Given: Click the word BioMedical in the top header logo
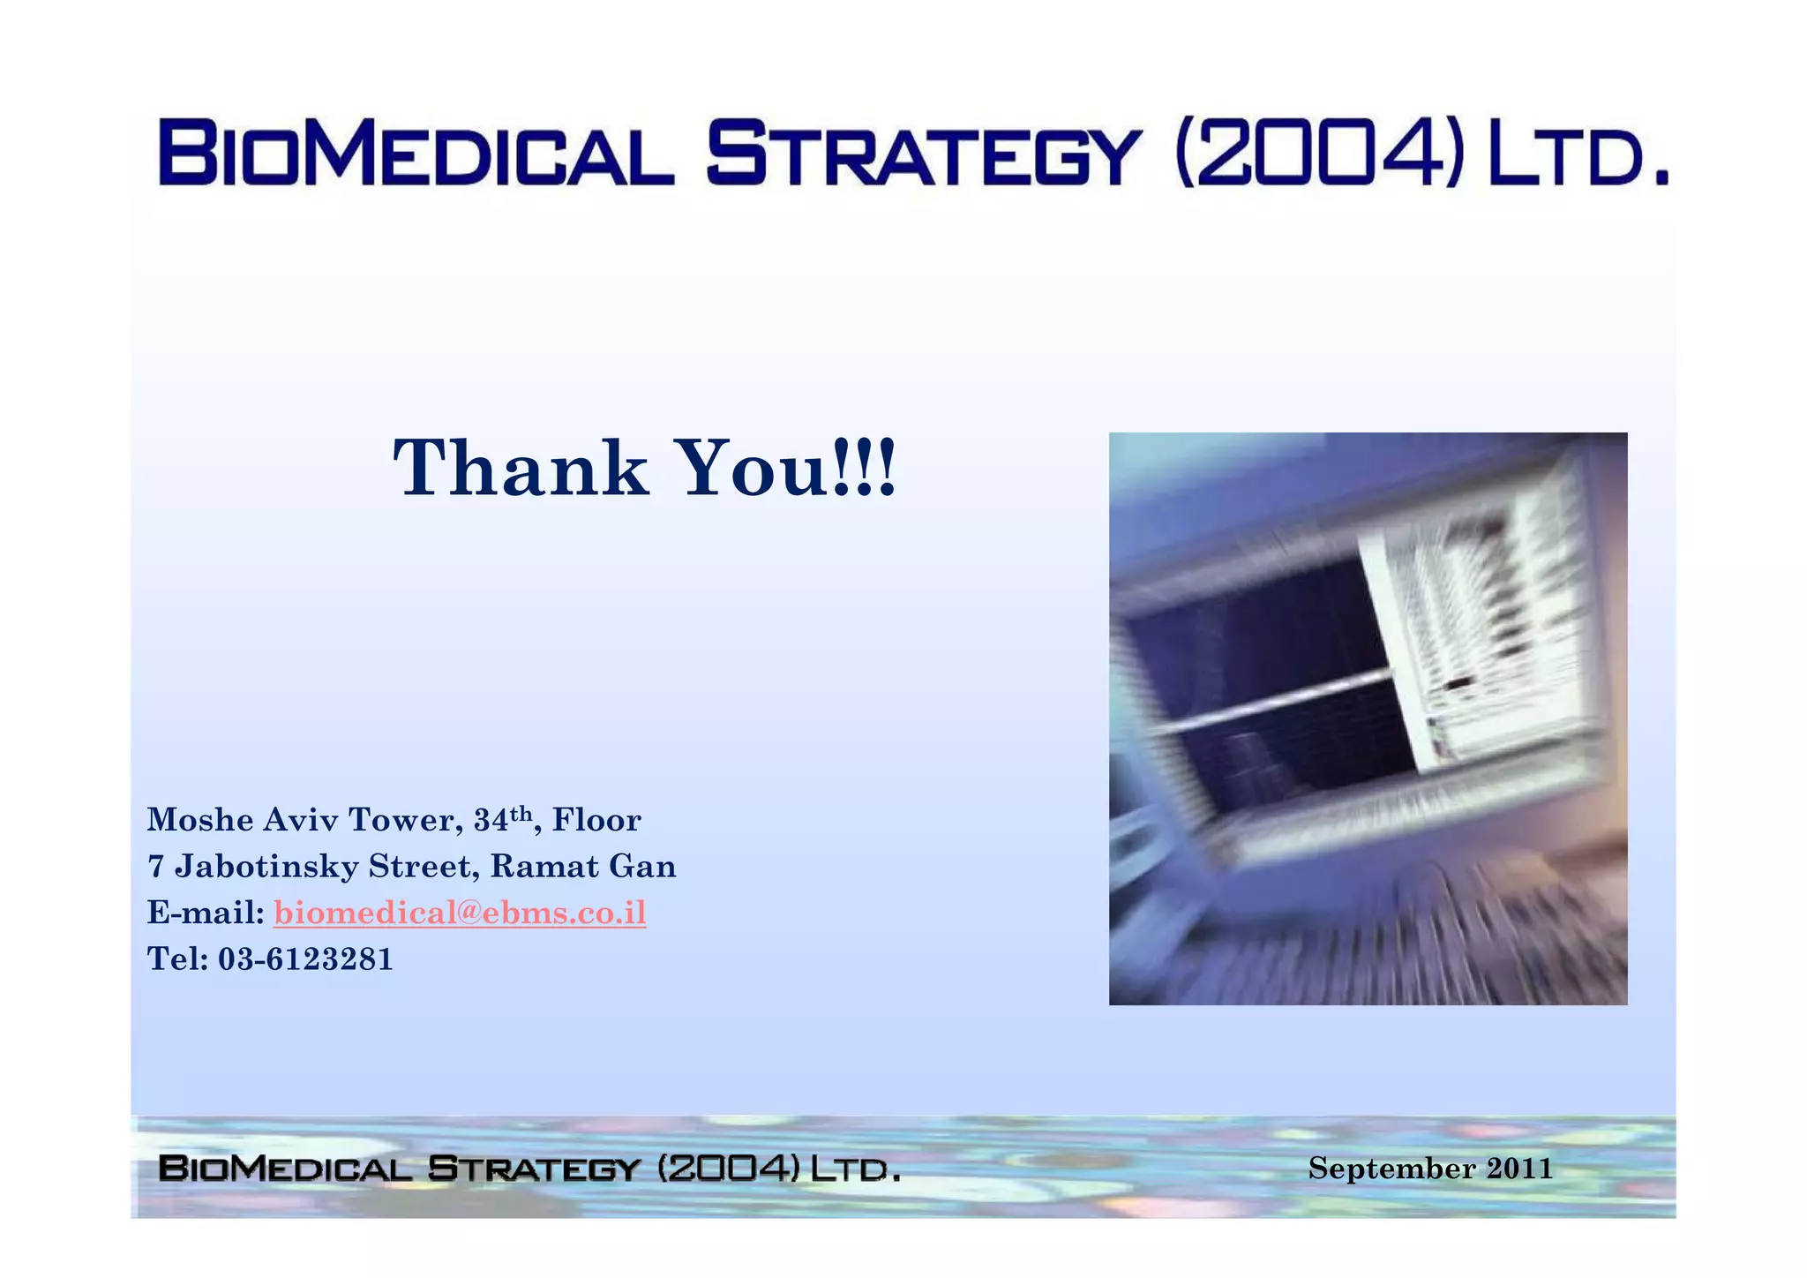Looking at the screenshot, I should point(415,155).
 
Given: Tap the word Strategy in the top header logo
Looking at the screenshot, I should point(923,155).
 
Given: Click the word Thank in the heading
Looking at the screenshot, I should point(521,468).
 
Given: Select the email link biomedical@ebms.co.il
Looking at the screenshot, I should point(460,913).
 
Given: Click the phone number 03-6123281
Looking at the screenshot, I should point(305,958).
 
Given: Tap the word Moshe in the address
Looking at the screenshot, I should point(200,820).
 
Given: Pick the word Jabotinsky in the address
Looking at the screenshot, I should point(266,867).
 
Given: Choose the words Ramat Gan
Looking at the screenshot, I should point(582,867).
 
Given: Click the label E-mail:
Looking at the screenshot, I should point(205,913).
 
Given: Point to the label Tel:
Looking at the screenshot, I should point(176,958).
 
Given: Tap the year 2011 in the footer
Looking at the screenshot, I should point(1519,1169).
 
